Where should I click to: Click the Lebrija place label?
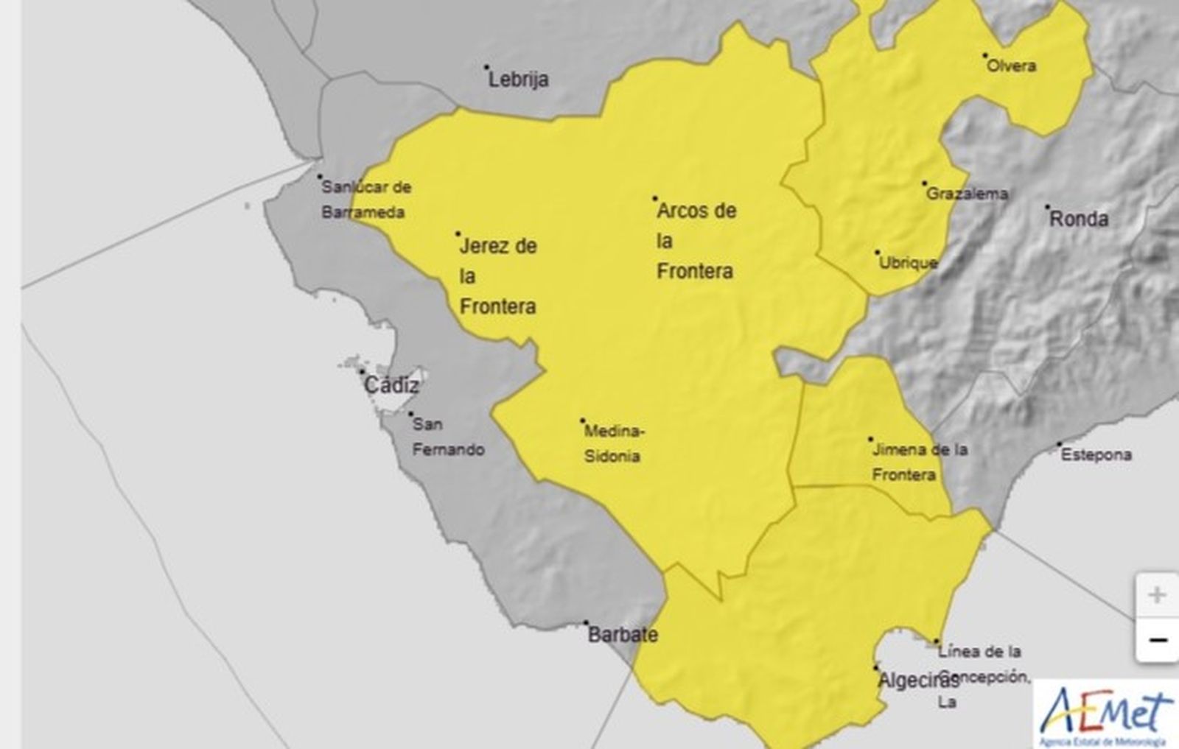click(x=519, y=80)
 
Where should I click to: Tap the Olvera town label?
click(x=1011, y=66)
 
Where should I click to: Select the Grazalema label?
click(x=967, y=194)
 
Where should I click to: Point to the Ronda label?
click(x=1079, y=219)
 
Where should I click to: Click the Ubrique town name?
click(x=909, y=263)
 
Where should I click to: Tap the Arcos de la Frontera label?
click(x=696, y=241)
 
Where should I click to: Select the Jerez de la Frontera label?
click(x=497, y=276)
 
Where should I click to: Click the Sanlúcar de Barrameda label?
click(x=365, y=200)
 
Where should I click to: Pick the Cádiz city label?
click(x=391, y=385)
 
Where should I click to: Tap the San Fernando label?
click(x=448, y=437)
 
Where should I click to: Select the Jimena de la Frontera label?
click(x=919, y=462)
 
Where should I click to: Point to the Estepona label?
click(x=1096, y=455)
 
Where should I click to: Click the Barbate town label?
click(x=623, y=635)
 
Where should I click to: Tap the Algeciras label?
click(x=917, y=681)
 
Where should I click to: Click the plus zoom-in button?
click(x=1156, y=595)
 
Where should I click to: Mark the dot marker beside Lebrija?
click(x=486, y=67)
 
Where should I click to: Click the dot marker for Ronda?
click(x=1047, y=208)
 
